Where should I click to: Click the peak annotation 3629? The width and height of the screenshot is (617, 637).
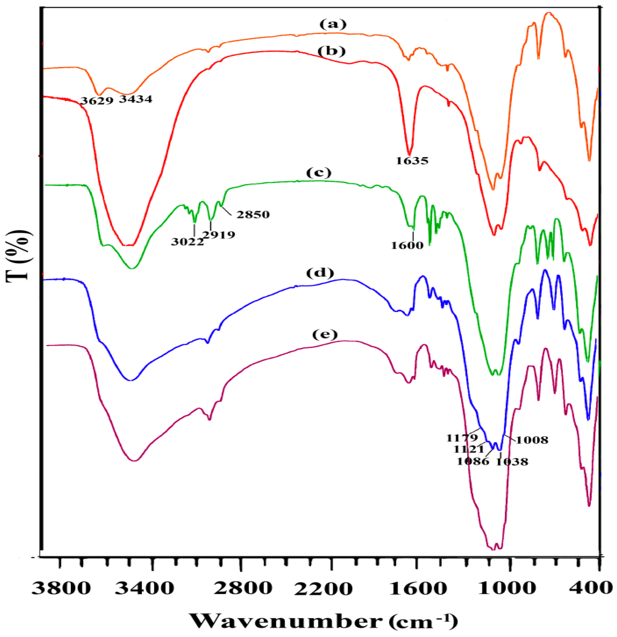point(97,101)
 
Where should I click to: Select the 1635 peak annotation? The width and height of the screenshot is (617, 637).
point(412,161)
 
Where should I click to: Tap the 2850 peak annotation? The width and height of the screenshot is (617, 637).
point(253,214)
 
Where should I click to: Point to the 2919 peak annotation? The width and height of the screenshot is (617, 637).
point(219,235)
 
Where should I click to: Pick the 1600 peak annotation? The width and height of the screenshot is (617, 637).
point(407,245)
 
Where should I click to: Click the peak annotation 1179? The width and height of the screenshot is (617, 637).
point(462,438)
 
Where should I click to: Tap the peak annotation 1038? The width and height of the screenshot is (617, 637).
point(512,462)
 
